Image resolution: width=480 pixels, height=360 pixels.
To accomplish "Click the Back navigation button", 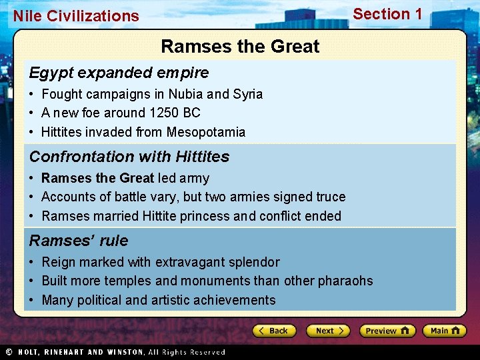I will click(x=274, y=331).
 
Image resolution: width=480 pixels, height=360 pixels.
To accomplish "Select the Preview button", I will click(x=387, y=331).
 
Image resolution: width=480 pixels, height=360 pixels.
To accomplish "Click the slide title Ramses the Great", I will click(x=240, y=47).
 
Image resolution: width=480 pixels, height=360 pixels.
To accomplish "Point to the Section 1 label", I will click(x=387, y=14).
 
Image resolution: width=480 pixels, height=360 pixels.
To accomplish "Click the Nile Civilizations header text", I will click(x=76, y=16).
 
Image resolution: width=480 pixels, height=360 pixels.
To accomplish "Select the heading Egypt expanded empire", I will click(x=119, y=73).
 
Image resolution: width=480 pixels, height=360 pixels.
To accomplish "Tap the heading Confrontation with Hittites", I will click(x=129, y=157).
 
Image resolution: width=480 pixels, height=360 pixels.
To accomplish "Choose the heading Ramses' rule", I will click(x=79, y=241).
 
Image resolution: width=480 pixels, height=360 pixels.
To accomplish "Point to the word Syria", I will click(x=248, y=94).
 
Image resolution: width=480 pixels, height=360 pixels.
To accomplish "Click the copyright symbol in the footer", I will click(x=9, y=352).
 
